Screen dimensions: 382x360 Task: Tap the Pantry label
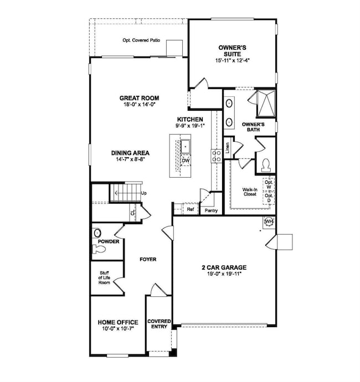click(x=212, y=211)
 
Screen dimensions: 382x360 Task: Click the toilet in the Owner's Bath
click(x=265, y=164)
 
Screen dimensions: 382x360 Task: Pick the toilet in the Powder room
click(x=98, y=250)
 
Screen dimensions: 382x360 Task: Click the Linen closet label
click(x=227, y=149)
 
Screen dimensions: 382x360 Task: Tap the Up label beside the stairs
click(x=143, y=193)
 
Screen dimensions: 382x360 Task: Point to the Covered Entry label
click(x=158, y=324)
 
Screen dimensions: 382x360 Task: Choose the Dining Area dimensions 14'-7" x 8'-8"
click(x=131, y=159)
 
